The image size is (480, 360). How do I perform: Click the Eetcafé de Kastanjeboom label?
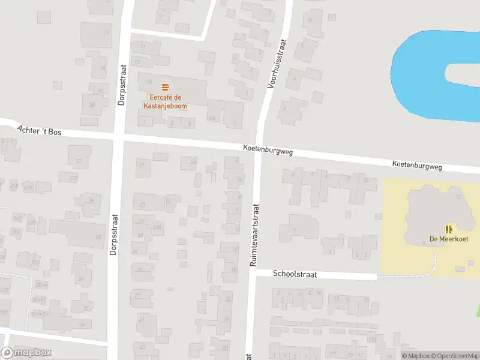pos(165,102)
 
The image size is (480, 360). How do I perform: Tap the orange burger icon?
pos(165,88)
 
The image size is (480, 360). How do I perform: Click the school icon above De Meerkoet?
pos(448,229)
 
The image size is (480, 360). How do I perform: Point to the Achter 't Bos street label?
pos(40,130)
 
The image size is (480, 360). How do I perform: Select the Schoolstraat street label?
pos(294,274)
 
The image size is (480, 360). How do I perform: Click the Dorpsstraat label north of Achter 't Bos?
pos(121,85)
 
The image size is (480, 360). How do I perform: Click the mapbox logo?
pos(26,353)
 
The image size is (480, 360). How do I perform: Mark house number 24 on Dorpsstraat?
pos(91,199)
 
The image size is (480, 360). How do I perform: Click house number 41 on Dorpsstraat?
pos(142,320)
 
